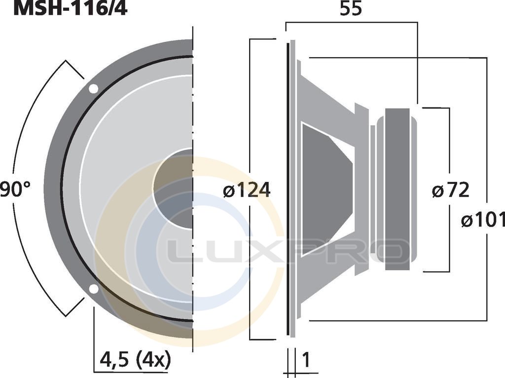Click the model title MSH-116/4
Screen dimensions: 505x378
tap(71, 8)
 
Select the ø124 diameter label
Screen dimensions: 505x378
tap(247, 190)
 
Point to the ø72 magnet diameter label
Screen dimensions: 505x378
tap(451, 190)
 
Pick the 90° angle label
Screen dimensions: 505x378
tap(15, 189)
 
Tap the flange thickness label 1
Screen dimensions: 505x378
tap(306, 360)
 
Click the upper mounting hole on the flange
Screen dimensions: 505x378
tap(93, 89)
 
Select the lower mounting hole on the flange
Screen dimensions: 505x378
tap(93, 289)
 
